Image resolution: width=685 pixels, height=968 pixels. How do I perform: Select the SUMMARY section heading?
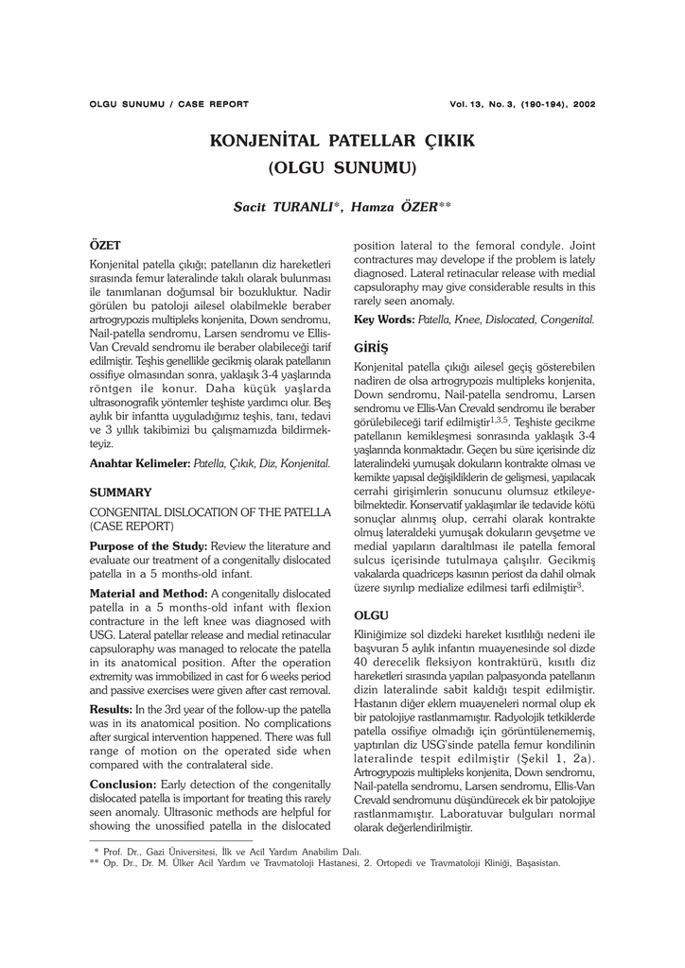pyautogui.click(x=120, y=493)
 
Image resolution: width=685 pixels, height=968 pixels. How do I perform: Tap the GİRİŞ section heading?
pyautogui.click(x=372, y=347)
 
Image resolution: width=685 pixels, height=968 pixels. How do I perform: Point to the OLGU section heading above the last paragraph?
pyautogui.click(x=372, y=615)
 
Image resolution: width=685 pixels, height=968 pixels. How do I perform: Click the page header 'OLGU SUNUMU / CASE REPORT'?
pyautogui.click(x=168, y=104)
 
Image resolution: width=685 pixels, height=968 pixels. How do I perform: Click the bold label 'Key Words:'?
pyautogui.click(x=383, y=320)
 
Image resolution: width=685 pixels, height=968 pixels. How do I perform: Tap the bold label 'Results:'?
pyautogui.click(x=112, y=708)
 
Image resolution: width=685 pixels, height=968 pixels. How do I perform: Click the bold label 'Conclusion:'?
pyautogui.click(x=128, y=785)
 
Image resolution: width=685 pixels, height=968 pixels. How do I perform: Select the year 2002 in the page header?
pyautogui.click(x=583, y=104)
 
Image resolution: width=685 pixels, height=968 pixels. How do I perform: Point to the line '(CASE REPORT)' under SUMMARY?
pyautogui.click(x=132, y=526)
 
